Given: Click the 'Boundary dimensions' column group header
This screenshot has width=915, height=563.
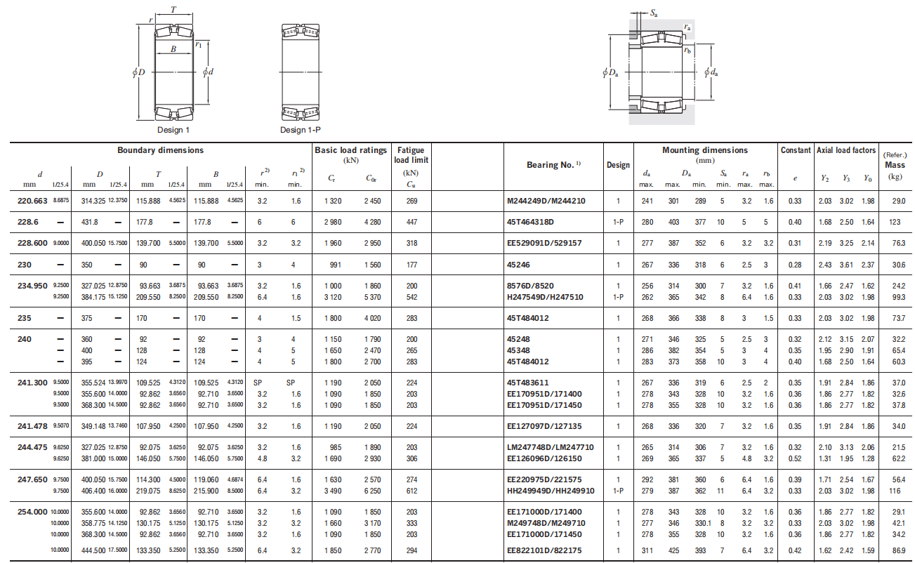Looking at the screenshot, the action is pos(160,150).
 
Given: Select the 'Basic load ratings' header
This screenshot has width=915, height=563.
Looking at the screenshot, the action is pos(350,150).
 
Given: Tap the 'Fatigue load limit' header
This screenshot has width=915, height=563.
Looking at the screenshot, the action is pos(411,155).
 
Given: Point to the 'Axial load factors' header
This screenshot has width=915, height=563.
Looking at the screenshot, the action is pos(846,150).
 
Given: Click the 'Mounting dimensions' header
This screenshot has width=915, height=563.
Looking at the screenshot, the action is pos(705,150).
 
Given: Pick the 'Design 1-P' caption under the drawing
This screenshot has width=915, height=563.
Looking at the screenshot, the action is pos(301,130).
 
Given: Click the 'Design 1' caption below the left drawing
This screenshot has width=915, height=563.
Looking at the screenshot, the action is pos(173,130).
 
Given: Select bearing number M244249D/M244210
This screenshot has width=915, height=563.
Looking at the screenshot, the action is pos(546,201).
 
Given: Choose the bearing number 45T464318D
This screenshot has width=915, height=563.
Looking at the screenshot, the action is pos(530,222).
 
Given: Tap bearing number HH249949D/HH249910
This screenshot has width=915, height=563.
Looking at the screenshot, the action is pos(551,491).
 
